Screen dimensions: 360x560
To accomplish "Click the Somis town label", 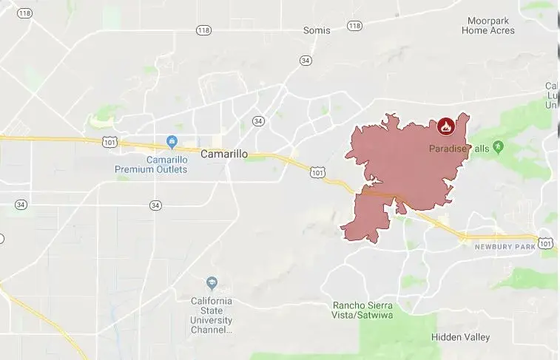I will point(317,30).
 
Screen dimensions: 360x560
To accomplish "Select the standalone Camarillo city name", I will point(224,154).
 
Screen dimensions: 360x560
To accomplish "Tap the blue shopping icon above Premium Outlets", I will point(172,141).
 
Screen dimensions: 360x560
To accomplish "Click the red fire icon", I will point(445,126).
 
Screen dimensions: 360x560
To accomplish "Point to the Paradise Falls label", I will point(459,149).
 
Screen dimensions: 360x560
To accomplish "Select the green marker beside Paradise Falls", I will point(499,147).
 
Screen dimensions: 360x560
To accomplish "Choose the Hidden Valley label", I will point(460,337).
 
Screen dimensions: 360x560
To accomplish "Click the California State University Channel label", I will point(212,316).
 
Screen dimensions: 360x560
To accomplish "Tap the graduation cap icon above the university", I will point(212,283).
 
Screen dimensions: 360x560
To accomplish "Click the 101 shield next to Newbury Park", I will point(545,242).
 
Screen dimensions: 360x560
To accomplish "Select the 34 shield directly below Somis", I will point(306,60).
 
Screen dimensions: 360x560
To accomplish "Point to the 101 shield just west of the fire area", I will point(317,172).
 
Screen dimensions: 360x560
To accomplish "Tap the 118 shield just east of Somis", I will point(354,26).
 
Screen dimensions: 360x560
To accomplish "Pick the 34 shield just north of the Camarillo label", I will point(257,120).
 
